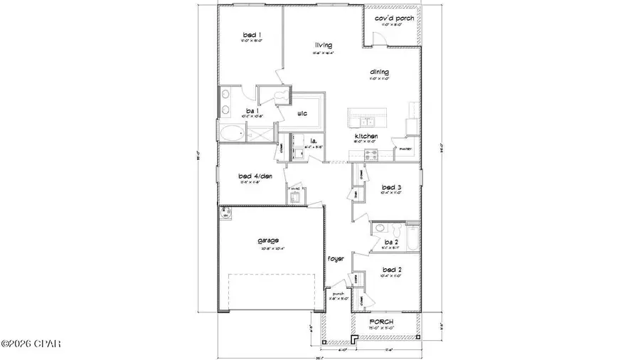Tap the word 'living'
point(324,45)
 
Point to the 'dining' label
point(378,71)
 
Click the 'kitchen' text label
point(366,136)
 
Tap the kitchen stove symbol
point(370,152)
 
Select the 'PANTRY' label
point(405,149)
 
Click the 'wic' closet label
point(302,112)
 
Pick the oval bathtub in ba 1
point(233,132)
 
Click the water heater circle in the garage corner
point(225,213)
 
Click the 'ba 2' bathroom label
point(390,243)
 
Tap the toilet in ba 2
point(379,228)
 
